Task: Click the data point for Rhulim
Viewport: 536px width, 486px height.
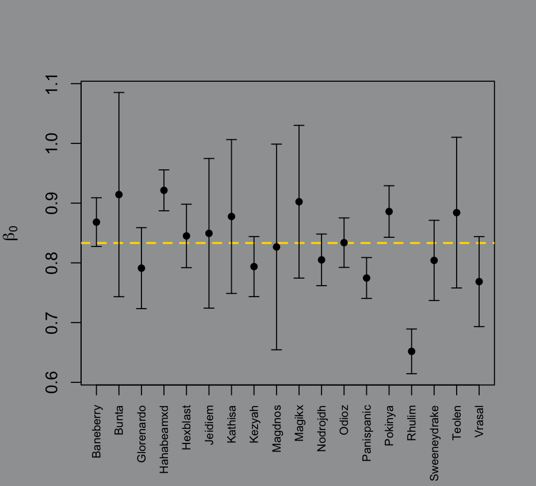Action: coord(411,351)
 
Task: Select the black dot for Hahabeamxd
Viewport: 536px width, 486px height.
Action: coord(164,190)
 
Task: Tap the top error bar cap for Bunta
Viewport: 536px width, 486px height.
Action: coord(118,92)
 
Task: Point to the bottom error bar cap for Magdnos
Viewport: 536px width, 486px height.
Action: coord(277,350)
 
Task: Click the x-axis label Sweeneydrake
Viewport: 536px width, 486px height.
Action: coord(434,443)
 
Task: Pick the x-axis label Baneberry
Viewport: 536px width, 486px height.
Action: coord(96,431)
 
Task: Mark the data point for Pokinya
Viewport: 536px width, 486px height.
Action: coord(389,211)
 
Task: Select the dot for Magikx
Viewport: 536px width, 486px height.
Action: coord(299,202)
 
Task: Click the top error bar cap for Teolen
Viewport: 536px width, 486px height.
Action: coord(457,137)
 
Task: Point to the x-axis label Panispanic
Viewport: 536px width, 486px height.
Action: coord(366,434)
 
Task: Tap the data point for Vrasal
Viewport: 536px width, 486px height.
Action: coord(479,282)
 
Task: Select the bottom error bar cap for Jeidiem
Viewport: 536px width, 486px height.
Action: coord(209,308)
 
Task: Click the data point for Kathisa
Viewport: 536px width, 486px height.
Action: coord(231,217)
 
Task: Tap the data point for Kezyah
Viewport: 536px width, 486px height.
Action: coord(254,267)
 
